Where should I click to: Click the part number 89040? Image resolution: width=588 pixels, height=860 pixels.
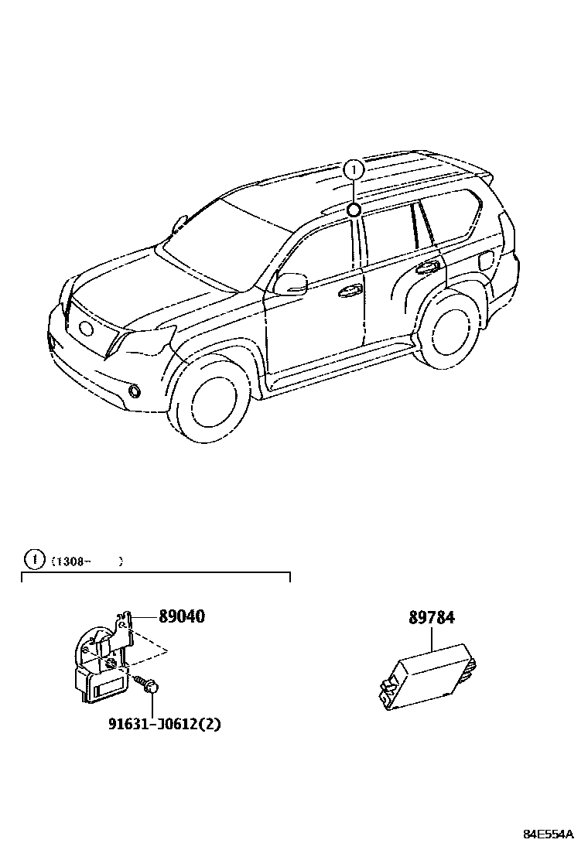(x=182, y=617)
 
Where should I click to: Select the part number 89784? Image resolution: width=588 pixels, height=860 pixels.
(x=432, y=618)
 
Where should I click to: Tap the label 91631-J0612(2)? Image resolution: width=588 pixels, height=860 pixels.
(x=159, y=724)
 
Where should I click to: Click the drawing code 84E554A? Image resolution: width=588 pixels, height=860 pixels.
(x=549, y=834)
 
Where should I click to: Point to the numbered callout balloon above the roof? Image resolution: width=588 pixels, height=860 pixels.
(x=354, y=169)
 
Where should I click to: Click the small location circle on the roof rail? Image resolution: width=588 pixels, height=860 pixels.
(x=354, y=210)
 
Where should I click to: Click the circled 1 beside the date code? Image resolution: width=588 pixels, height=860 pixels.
(x=34, y=558)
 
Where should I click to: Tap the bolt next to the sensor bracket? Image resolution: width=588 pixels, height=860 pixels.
(x=146, y=683)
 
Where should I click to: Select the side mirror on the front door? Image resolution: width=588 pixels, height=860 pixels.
(x=290, y=283)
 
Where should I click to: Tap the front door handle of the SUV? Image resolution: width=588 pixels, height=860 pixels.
(x=350, y=292)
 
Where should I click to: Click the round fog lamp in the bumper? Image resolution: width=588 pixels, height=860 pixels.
(x=135, y=391)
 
